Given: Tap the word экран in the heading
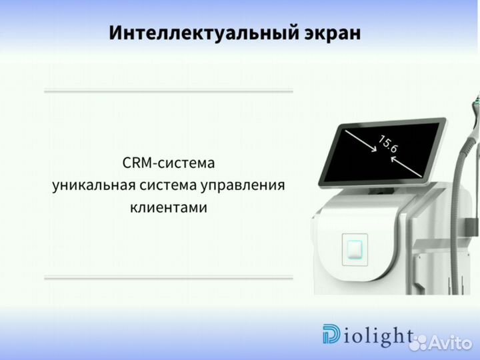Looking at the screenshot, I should tap(329, 33).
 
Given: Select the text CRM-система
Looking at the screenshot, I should tap(169, 163).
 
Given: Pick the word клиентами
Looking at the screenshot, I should tap(169, 207).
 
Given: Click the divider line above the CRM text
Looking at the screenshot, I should tap(168, 91).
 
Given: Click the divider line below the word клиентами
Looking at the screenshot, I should tap(168, 277).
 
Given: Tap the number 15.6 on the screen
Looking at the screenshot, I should tap(388, 145).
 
